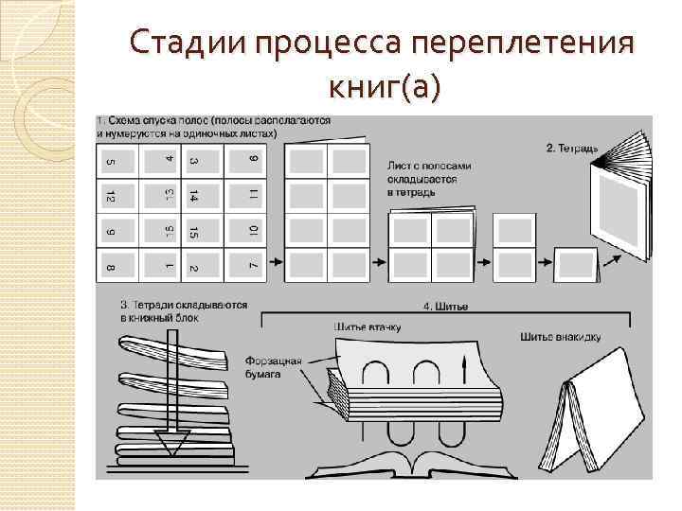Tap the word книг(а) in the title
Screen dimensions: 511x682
[383, 87]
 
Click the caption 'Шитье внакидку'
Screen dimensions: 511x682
[560, 336]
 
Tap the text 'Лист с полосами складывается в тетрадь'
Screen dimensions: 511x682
[429, 178]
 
